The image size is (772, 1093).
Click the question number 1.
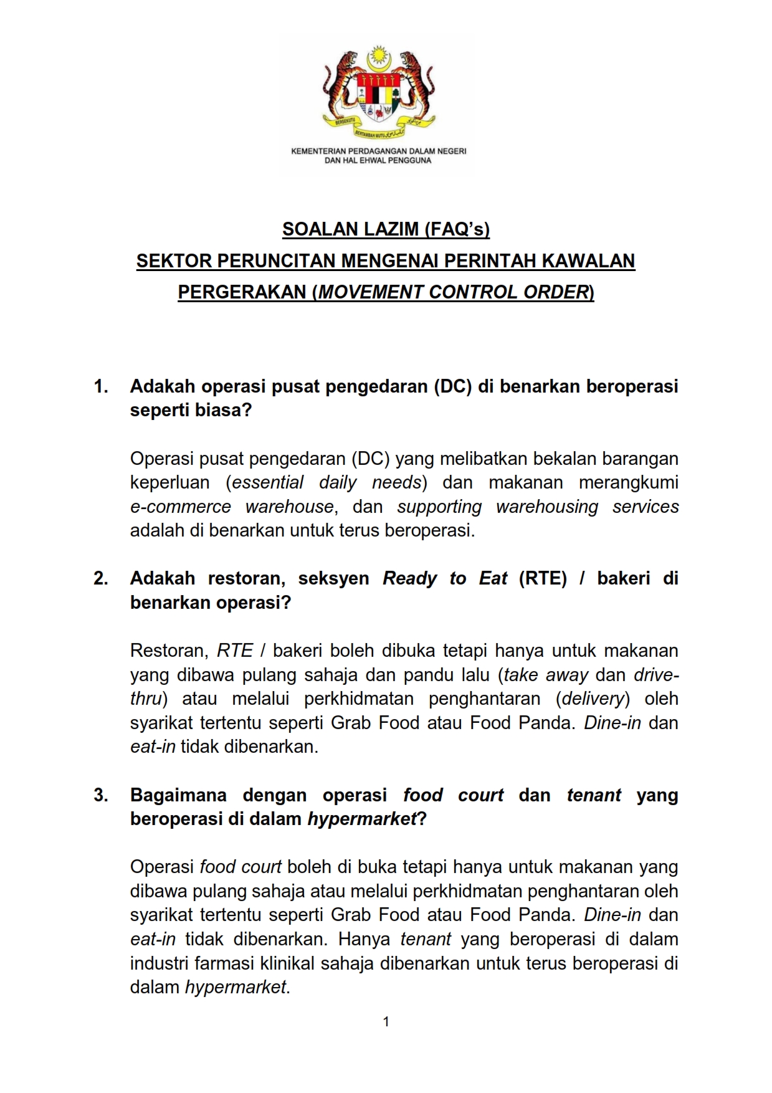pyautogui.click(x=100, y=386)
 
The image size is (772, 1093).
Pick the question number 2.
pyautogui.click(x=100, y=578)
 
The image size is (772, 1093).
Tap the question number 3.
pyautogui.click(x=100, y=795)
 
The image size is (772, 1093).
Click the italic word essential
pyautogui.click(x=267, y=482)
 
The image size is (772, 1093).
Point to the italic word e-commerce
pyautogui.click(x=180, y=507)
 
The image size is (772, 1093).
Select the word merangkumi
pyautogui.click(x=628, y=482)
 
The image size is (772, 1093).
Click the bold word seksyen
pyautogui.click(x=333, y=578)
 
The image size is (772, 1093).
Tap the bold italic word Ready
pyautogui.click(x=409, y=578)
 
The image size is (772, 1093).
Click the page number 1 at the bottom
pyautogui.click(x=386, y=1021)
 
